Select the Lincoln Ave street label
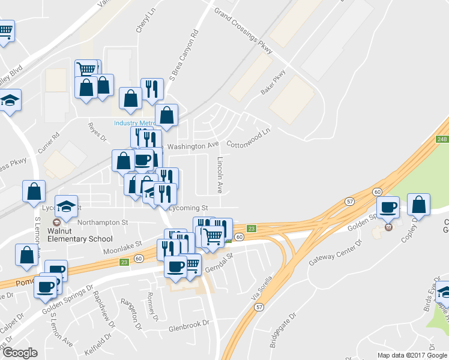coord(220,175)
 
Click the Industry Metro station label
coord(130,124)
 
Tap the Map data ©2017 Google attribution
coord(411,355)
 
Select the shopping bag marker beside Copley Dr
coord(418,205)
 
